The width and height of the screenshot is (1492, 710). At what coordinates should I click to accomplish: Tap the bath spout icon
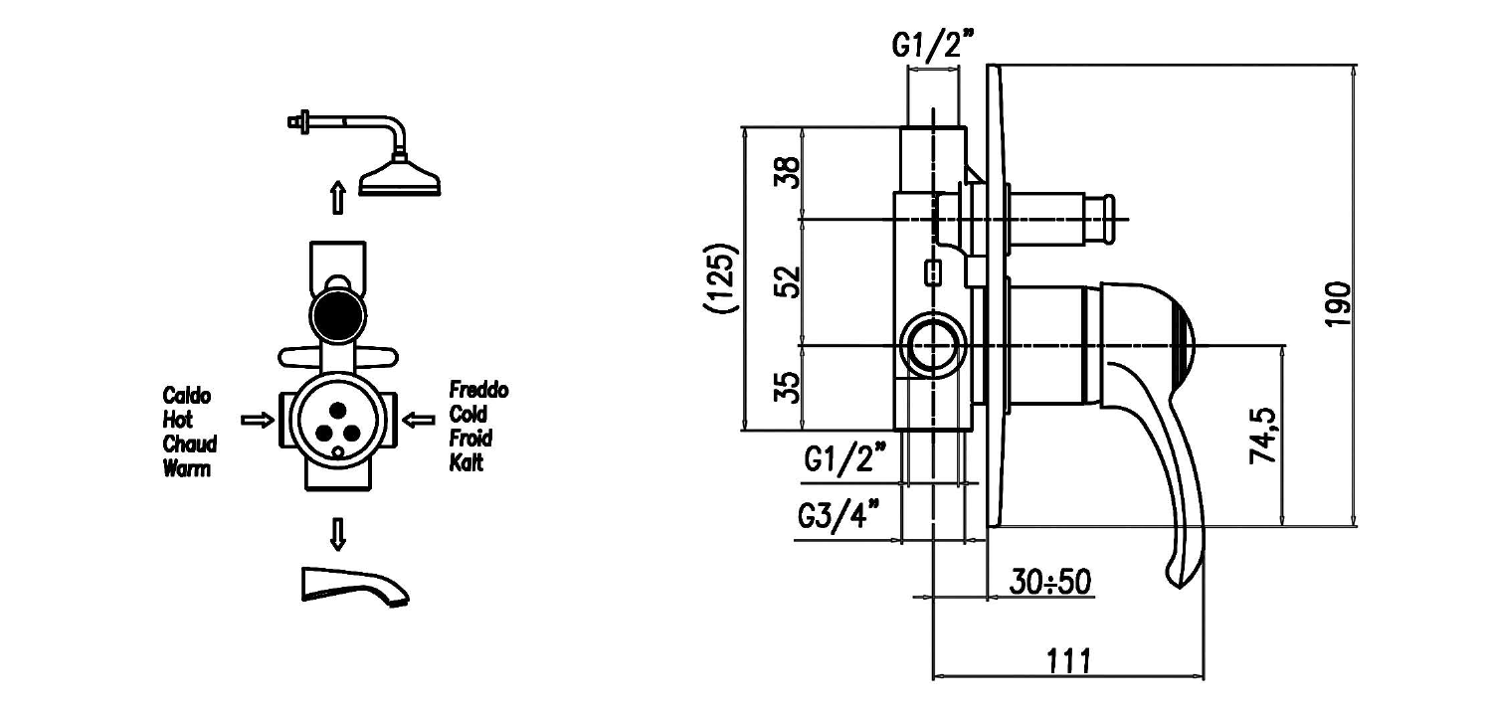point(353,584)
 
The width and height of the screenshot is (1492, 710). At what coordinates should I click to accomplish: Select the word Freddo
point(478,390)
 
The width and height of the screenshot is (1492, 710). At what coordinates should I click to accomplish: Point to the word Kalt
point(466,462)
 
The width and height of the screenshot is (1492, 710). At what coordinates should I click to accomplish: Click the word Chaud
point(189,444)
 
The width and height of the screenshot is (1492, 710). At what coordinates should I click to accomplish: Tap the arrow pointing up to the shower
point(338,197)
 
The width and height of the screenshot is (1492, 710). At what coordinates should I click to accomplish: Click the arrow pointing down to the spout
point(338,534)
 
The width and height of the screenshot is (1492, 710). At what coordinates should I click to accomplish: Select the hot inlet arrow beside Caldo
point(258,421)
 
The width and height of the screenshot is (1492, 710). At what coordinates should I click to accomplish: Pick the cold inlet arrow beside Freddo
point(418,421)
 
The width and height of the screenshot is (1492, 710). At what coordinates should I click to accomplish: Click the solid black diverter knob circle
point(337,314)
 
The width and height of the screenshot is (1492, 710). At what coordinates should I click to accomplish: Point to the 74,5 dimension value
point(1262,436)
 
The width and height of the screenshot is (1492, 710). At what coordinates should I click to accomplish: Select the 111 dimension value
point(1066,659)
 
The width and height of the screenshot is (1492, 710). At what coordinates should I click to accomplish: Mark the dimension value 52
point(786,281)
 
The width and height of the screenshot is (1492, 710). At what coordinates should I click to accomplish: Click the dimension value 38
point(786,174)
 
